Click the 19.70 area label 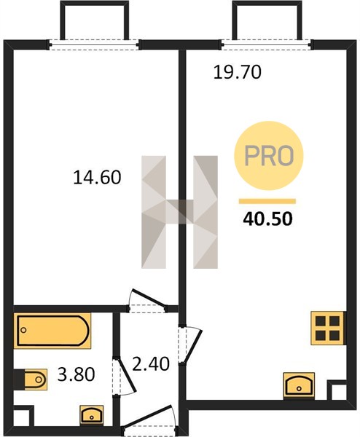point(238,72)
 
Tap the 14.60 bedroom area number point(97,178)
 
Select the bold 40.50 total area point(267,219)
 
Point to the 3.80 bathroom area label point(76,374)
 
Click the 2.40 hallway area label point(151,364)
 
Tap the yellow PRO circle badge point(269,156)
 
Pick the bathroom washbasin point(92,414)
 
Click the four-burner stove point(328,328)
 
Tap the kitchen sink point(299,385)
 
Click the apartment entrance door point(149,417)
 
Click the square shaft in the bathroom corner point(23,416)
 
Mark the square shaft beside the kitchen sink point(337,390)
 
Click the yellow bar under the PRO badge point(267,201)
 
